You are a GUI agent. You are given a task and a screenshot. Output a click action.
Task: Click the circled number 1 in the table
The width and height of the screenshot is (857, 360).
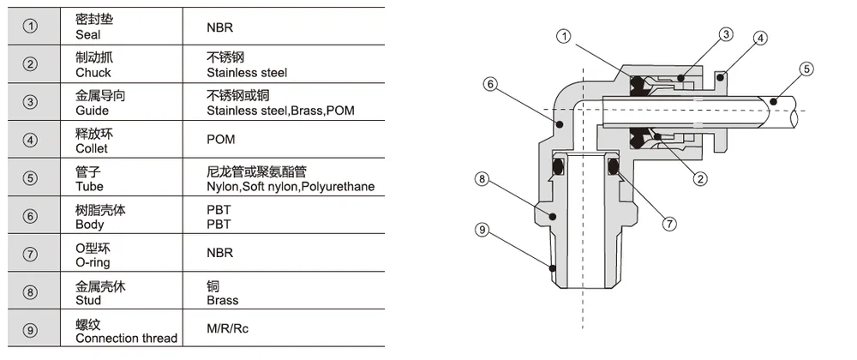point(31,27)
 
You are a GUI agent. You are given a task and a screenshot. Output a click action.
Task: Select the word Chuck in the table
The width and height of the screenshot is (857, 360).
point(93,73)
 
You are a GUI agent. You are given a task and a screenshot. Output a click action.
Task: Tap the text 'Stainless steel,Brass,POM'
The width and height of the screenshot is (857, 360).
point(280,111)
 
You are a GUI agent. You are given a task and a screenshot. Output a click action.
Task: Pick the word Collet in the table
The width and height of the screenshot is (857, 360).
point(92,148)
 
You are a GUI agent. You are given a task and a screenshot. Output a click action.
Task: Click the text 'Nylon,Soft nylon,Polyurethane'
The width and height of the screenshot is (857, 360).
point(291,187)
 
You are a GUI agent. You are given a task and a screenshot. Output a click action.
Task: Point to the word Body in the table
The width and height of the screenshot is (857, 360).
point(90,225)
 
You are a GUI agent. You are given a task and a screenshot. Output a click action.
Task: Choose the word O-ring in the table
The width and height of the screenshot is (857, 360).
point(93,263)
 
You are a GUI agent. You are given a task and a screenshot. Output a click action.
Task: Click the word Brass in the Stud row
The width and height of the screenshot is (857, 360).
point(223,301)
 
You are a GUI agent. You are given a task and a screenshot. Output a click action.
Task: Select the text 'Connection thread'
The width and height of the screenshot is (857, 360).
point(127,339)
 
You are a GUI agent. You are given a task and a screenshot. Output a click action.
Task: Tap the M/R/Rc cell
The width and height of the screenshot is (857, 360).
point(227,329)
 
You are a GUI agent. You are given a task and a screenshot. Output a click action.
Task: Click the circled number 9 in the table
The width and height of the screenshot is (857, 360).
point(31,330)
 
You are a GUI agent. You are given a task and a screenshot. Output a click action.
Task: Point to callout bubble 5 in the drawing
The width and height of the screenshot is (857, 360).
point(806,69)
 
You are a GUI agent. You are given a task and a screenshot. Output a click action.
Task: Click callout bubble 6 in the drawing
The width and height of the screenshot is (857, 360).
point(490,84)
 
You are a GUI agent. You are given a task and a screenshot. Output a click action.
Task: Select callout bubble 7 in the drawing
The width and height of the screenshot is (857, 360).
point(669,224)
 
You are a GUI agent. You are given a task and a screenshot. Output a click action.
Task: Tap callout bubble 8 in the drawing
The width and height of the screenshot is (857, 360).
point(482,178)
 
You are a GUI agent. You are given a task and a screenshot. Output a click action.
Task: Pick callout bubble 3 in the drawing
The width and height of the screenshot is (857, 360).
point(725,35)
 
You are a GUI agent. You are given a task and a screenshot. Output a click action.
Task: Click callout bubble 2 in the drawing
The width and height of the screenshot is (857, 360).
point(699,178)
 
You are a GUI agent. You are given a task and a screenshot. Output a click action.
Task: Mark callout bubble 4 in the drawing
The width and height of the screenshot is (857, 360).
point(760,39)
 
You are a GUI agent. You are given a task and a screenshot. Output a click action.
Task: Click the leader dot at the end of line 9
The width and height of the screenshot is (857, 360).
point(553,268)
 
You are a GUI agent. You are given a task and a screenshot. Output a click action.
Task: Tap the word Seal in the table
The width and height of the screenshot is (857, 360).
point(88,34)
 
